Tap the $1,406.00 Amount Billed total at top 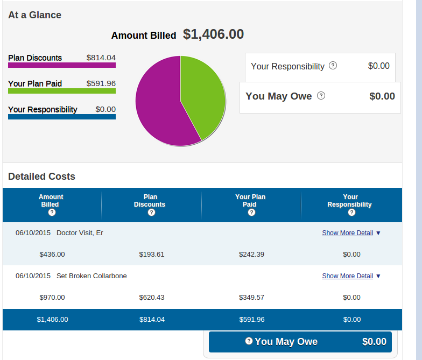(213, 34)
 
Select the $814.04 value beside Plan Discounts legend (101, 58)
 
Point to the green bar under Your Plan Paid (62, 91)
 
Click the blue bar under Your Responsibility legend (62, 117)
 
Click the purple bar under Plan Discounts (62, 65)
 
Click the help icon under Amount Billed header (52, 213)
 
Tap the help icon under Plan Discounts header (151, 213)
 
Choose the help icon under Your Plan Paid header (251, 213)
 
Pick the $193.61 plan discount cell (152, 254)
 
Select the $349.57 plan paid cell (251, 297)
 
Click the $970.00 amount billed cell (52, 297)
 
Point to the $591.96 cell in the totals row (251, 319)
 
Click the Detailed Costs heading (41, 177)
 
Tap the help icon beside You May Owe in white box (321, 96)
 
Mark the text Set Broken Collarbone (92, 276)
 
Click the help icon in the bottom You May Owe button (249, 341)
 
